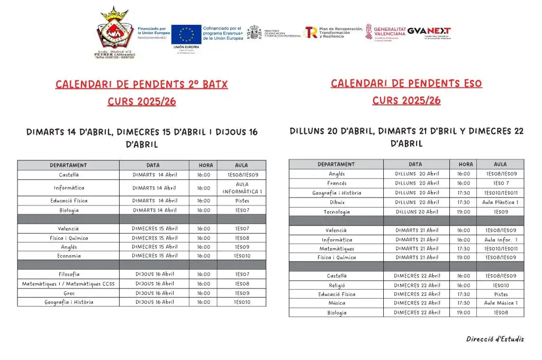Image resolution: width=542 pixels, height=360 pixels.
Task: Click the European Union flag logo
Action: (186, 35)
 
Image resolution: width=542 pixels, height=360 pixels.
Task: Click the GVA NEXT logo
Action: (429, 31)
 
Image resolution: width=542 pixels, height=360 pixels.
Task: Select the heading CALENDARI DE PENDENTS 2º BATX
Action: (141, 85)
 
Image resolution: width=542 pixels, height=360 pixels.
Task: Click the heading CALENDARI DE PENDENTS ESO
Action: (406, 84)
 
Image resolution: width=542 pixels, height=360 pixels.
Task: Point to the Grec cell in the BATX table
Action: (69, 293)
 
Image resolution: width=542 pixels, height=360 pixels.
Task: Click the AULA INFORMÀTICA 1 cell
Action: (242, 188)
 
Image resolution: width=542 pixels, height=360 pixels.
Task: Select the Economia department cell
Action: (69, 256)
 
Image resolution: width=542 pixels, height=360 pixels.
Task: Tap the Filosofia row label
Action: (69, 274)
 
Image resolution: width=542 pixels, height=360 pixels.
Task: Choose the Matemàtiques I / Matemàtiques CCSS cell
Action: (68, 284)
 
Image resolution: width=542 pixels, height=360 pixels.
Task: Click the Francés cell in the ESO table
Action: (337, 183)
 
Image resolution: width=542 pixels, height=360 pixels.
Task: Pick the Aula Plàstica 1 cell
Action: (500, 202)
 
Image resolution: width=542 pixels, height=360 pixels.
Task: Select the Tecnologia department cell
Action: (337, 212)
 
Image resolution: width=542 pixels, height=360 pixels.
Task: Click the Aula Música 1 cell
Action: (500, 303)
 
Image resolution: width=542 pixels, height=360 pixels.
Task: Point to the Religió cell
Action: (337, 285)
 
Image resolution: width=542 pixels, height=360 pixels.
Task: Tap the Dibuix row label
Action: (337, 202)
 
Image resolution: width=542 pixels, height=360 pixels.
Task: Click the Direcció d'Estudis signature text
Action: (495, 339)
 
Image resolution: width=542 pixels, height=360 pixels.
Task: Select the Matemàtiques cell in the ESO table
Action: (337, 249)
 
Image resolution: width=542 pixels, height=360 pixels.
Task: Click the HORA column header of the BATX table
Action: (206, 165)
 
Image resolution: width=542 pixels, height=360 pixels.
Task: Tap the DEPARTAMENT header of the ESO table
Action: (337, 164)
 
